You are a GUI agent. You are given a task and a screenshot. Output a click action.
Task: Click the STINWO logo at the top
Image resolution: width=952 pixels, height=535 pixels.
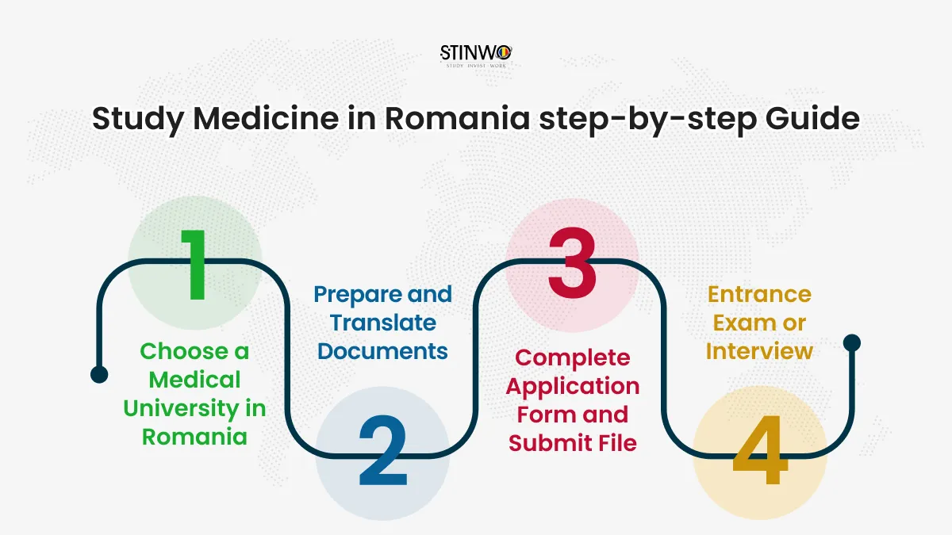(x=476, y=56)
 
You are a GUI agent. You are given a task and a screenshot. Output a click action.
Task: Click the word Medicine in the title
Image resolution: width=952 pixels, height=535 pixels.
(x=266, y=118)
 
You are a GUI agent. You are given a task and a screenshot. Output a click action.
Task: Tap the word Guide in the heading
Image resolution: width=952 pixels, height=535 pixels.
(x=812, y=118)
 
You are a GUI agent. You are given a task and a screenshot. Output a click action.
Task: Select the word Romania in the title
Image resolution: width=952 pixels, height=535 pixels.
(x=457, y=118)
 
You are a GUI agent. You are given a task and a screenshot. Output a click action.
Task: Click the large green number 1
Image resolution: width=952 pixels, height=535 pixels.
(x=194, y=266)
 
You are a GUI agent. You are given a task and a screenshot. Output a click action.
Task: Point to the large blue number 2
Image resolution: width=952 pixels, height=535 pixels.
(x=383, y=450)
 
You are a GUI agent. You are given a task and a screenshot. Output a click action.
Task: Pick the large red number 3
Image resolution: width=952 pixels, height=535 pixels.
(x=572, y=263)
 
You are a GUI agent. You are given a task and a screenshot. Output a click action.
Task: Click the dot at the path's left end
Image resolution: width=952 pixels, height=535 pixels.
(x=99, y=374)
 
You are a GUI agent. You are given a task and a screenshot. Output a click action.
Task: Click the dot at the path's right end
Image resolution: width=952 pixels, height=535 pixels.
(x=852, y=342)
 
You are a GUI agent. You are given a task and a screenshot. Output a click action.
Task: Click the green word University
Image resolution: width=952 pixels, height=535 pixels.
(x=181, y=409)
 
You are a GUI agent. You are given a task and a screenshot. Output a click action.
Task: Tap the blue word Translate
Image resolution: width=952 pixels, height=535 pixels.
(x=383, y=323)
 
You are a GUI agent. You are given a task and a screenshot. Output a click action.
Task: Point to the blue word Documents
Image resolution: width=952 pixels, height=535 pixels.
(x=382, y=352)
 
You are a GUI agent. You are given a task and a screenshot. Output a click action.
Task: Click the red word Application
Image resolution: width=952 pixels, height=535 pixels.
(x=573, y=387)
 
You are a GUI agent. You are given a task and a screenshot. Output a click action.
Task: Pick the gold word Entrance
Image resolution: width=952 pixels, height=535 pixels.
(x=759, y=295)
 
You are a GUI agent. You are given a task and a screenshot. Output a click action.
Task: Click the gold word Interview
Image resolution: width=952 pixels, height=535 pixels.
(x=759, y=352)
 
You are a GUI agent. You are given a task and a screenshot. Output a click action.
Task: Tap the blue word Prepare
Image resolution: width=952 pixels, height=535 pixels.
(x=358, y=295)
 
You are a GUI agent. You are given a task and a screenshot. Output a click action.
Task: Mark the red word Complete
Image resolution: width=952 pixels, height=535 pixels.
(x=573, y=358)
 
